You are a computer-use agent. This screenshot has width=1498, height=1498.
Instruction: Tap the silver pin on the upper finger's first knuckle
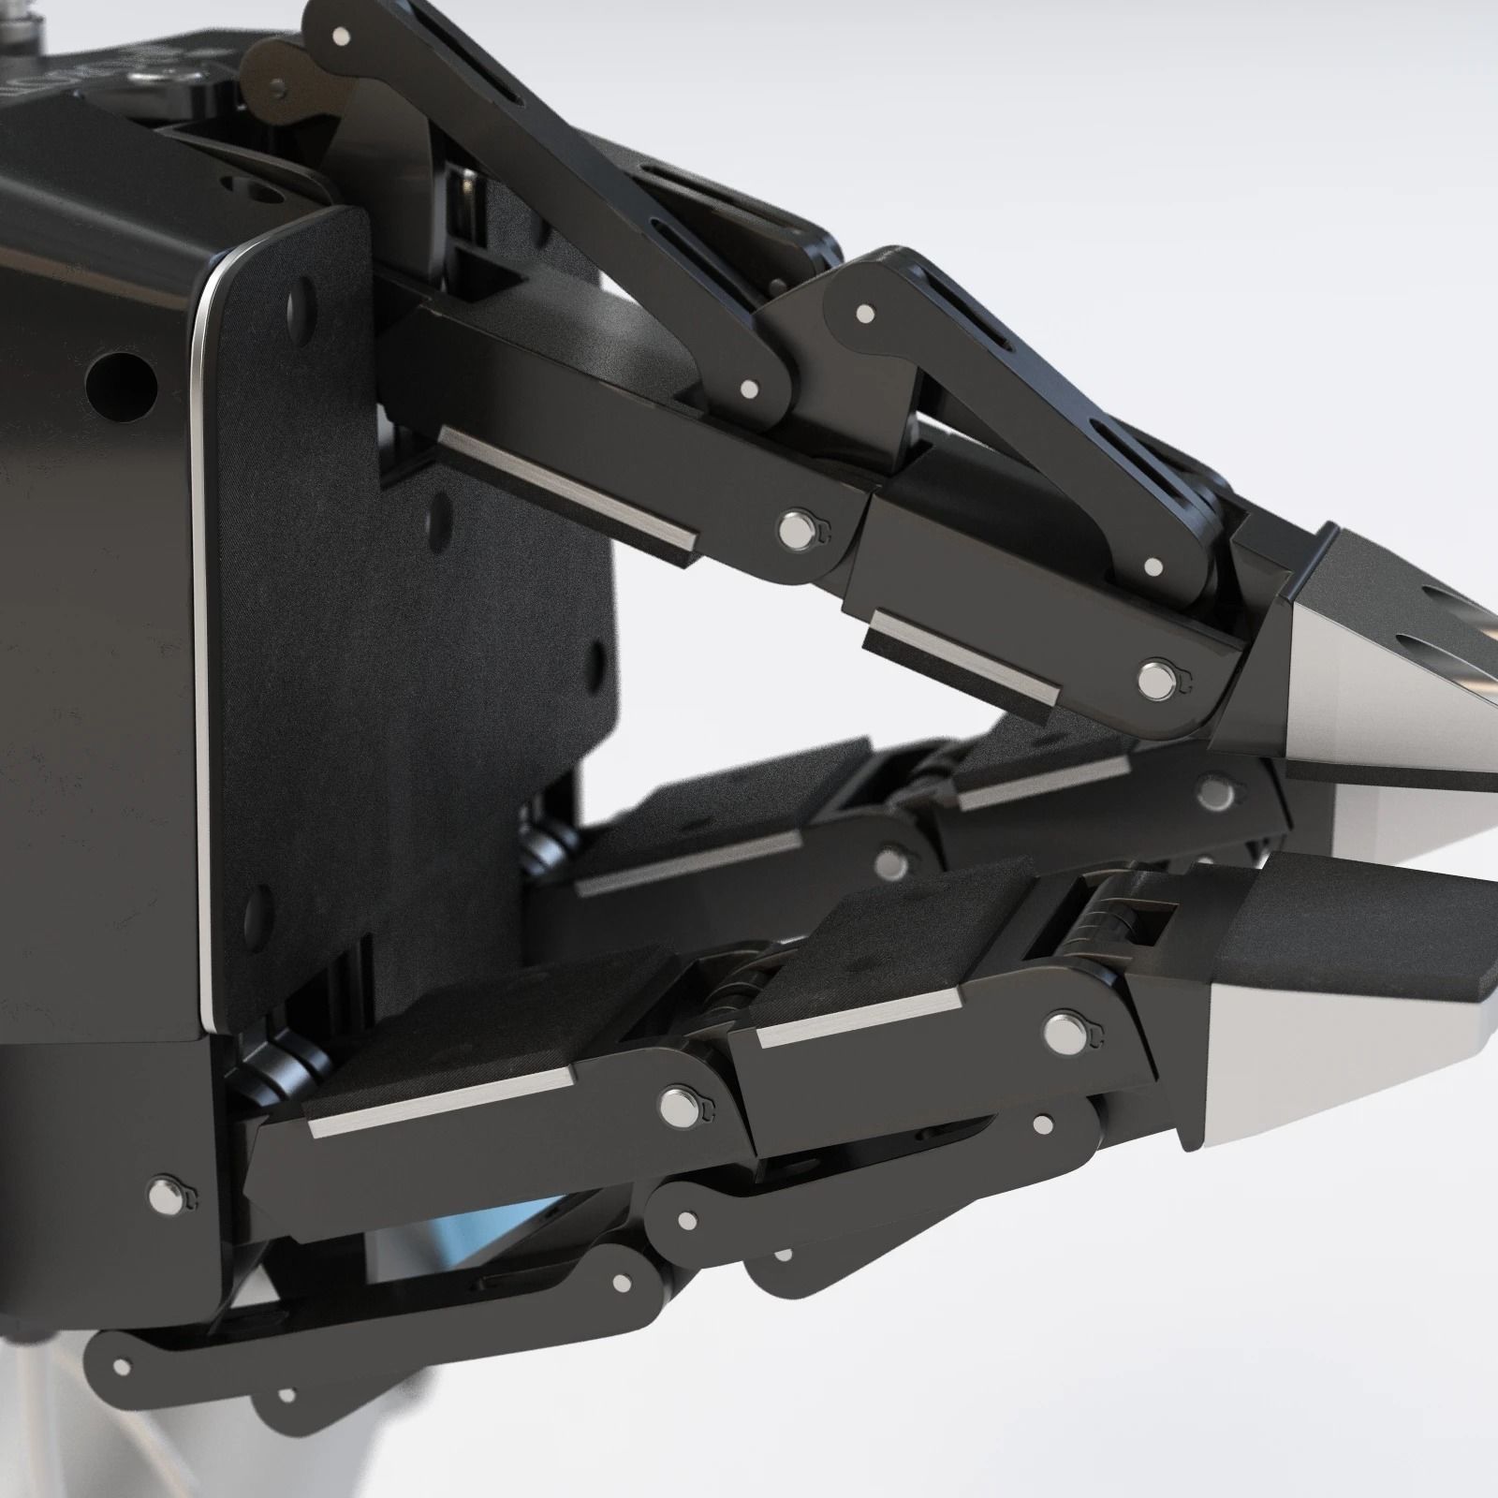(797, 531)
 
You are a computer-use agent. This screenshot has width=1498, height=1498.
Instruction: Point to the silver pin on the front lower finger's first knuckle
(673, 1109)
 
